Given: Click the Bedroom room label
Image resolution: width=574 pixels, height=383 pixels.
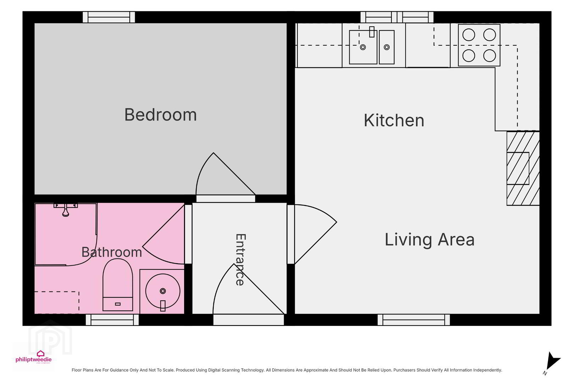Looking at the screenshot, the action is click(160, 115).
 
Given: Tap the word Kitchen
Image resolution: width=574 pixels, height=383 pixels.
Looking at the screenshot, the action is click(394, 120).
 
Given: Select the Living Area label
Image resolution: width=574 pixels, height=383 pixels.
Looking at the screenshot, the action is click(429, 239).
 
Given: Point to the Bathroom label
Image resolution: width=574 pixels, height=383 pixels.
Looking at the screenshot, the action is click(112, 252).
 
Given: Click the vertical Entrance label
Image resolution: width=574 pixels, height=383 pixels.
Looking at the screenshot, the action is click(241, 260).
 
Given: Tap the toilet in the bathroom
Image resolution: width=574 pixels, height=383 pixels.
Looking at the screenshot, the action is click(118, 284).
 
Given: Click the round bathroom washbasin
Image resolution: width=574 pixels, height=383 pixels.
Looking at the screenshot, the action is click(163, 291).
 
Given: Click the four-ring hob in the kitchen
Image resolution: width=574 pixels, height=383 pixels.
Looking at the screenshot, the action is click(479, 45).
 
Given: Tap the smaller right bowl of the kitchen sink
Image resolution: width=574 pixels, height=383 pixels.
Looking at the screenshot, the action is click(387, 47).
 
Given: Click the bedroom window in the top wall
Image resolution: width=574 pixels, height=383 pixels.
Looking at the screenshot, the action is click(109, 17).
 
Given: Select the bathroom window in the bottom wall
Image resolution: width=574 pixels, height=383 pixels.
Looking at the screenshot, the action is click(112, 320).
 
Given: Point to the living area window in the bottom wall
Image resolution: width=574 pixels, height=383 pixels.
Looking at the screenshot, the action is click(414, 320).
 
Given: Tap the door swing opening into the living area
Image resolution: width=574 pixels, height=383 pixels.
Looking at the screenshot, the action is click(316, 234).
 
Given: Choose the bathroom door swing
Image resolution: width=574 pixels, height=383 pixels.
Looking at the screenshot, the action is click(163, 234).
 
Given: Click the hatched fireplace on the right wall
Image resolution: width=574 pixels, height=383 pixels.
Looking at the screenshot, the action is click(523, 168).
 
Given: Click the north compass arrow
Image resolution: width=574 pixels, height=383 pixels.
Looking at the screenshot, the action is click(553, 361).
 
